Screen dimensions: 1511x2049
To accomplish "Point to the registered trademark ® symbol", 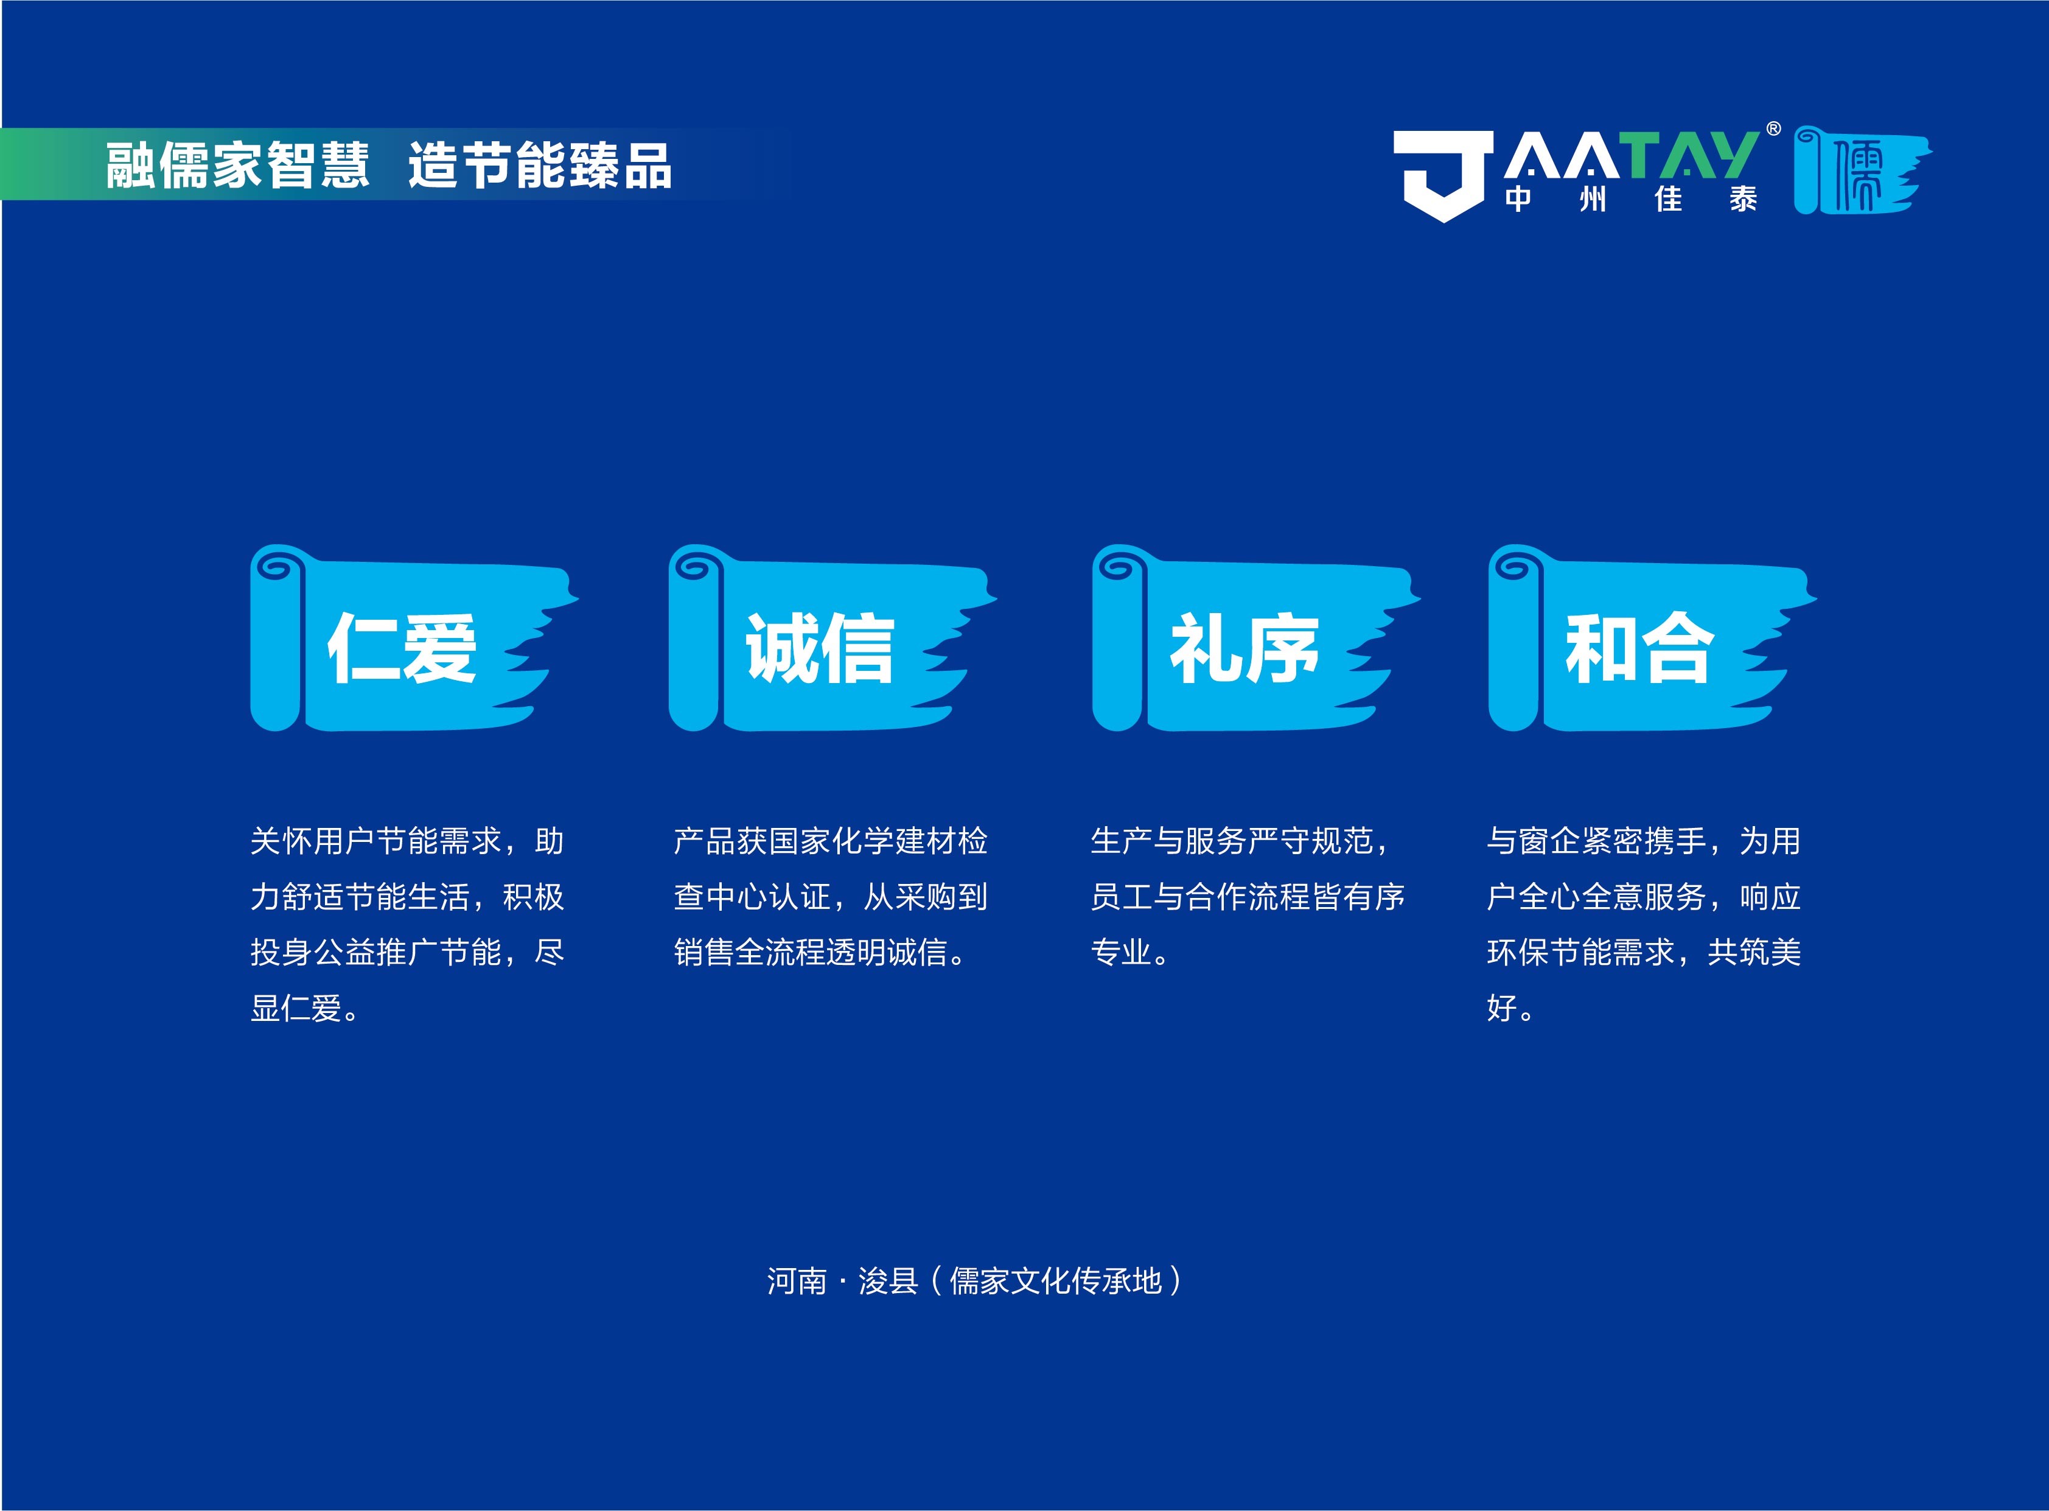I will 1773,129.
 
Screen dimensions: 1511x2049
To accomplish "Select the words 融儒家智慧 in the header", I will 238,166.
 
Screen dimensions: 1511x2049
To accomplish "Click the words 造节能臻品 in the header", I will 539,166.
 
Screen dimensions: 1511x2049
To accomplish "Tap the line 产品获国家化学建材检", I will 830,841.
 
